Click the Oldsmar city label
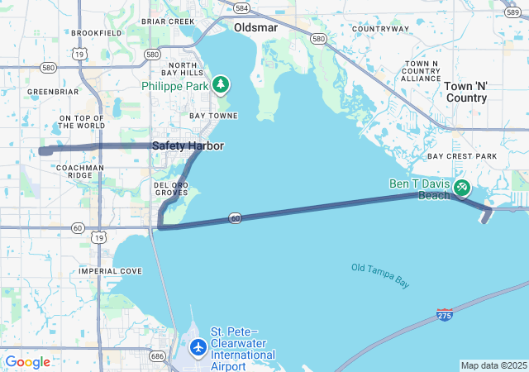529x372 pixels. click(x=257, y=27)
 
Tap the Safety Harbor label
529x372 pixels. click(x=188, y=145)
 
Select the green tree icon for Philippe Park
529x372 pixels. click(x=220, y=84)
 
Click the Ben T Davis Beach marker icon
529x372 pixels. click(x=461, y=188)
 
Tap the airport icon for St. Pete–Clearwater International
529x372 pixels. click(x=198, y=347)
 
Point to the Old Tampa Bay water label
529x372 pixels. click(x=380, y=274)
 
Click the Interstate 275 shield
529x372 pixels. click(x=445, y=315)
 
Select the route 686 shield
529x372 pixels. click(x=157, y=356)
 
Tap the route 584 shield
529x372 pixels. click(x=241, y=8)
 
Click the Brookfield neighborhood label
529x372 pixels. click(x=97, y=33)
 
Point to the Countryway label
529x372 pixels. click(x=380, y=29)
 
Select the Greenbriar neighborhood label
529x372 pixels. click(x=52, y=92)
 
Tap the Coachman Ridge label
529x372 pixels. click(x=80, y=171)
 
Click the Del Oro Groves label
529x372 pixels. click(x=172, y=188)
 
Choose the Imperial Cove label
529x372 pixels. click(x=110, y=271)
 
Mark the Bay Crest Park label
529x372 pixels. click(x=462, y=156)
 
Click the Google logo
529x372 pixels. click(x=27, y=362)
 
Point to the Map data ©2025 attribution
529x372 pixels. click(x=493, y=365)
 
